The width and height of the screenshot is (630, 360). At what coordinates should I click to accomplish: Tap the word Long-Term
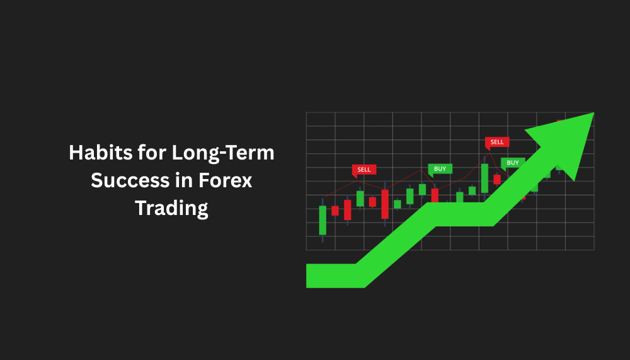[x=223, y=153]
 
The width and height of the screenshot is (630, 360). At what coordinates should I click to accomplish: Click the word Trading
[x=171, y=208]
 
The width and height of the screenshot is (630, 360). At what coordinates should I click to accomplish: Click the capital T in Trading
[x=142, y=207]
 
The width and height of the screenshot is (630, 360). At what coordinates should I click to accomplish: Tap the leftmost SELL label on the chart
[x=364, y=170]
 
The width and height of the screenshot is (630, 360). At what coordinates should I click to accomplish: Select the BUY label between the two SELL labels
[x=440, y=170]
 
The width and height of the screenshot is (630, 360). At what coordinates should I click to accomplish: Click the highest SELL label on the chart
[x=497, y=142]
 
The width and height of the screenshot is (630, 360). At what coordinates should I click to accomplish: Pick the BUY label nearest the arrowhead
[x=513, y=163]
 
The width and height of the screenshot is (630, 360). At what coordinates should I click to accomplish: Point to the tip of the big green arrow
[x=594, y=113]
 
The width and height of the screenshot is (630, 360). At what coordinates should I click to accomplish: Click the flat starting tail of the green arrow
[x=331, y=276]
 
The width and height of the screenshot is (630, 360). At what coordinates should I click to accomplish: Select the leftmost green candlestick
[x=323, y=220]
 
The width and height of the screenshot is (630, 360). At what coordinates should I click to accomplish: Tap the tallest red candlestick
[x=385, y=204]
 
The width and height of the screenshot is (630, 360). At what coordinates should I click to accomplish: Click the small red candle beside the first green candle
[x=335, y=211]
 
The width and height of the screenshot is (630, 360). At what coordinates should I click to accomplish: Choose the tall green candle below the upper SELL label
[x=484, y=178]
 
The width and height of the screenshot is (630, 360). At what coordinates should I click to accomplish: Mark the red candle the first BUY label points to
[x=435, y=195]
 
